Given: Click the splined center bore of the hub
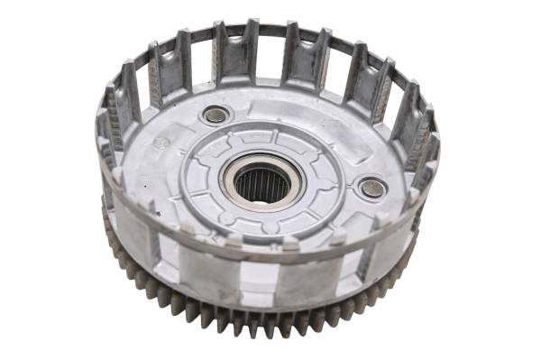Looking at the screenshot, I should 261,184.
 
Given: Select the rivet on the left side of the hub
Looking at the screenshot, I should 215,115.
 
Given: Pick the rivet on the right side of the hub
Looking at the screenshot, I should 371,188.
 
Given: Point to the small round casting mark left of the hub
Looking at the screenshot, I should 160,142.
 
